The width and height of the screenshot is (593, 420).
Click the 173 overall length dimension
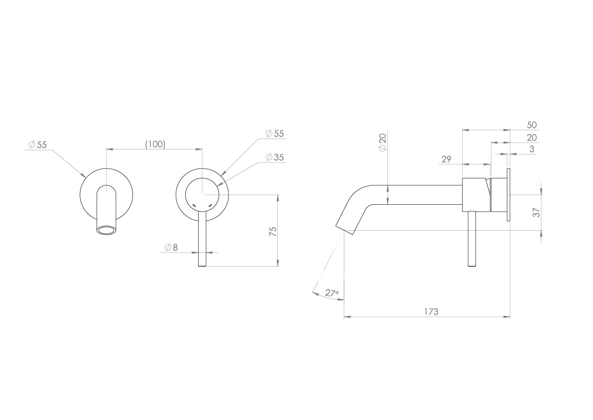[x=431, y=311]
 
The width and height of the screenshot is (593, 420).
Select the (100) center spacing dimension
[x=155, y=144]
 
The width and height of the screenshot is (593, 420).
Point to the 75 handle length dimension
[x=272, y=232]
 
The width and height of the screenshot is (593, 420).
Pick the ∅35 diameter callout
[x=274, y=157]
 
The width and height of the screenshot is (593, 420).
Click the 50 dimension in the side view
[x=532, y=125]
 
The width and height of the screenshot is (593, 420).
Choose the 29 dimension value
[x=446, y=159]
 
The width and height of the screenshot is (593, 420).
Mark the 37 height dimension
[x=536, y=212]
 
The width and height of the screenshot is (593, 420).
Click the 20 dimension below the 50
[x=532, y=137]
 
